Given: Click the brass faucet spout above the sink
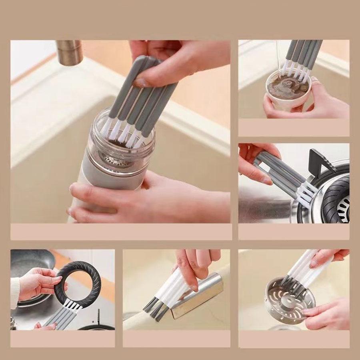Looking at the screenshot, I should pyautogui.click(x=69, y=52).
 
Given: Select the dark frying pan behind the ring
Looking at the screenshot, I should pyautogui.click(x=32, y=264).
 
